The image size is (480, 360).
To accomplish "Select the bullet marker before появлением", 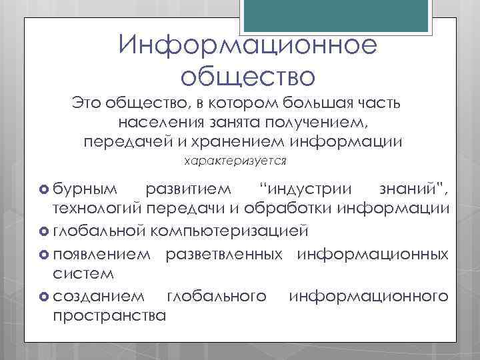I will coord(45,253).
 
